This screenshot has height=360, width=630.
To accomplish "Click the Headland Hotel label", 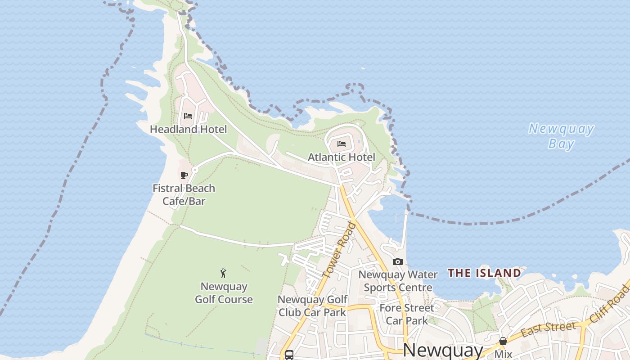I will click(x=188, y=130).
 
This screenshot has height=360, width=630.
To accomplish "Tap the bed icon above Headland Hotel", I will click(x=188, y=116).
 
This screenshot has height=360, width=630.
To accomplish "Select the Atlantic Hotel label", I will click(x=341, y=157).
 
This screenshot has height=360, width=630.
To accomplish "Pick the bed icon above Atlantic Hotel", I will click(x=342, y=144).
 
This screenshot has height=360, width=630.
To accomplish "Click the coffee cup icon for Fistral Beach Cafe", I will click(x=184, y=175).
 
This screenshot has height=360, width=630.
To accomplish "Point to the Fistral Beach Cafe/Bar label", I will click(x=184, y=194).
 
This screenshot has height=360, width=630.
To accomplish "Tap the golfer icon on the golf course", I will click(x=223, y=273).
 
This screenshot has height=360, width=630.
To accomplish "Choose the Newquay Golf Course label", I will click(x=224, y=293).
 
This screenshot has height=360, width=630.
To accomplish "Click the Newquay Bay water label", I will click(x=561, y=136).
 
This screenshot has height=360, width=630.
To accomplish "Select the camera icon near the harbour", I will click(x=397, y=261).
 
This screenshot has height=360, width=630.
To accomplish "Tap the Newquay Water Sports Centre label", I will click(x=398, y=281).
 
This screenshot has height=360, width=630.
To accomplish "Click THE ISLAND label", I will click(x=484, y=273).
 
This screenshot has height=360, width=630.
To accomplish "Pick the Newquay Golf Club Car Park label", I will click(x=312, y=306).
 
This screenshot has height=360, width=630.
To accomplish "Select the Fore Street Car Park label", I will click(x=407, y=314).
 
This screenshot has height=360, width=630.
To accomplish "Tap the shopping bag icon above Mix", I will click(x=503, y=342).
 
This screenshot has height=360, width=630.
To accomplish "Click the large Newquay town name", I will click(x=443, y=350).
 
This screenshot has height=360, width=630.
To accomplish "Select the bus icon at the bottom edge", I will click(x=289, y=355).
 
